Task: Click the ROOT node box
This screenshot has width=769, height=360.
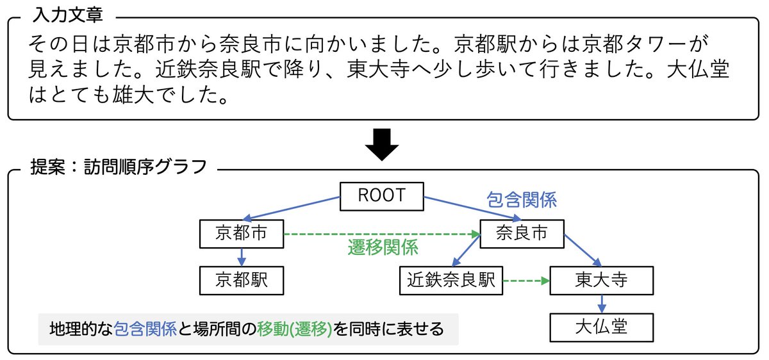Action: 381,195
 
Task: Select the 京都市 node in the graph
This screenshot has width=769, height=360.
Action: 241,234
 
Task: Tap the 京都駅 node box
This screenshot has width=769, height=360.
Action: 241,280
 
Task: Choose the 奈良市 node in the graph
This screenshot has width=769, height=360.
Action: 522,234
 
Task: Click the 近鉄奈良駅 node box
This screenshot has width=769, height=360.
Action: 451,280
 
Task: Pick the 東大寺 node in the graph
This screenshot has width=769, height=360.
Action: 601,280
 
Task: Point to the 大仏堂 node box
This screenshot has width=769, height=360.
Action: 601,327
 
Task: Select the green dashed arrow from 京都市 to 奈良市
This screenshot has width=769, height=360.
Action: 381,234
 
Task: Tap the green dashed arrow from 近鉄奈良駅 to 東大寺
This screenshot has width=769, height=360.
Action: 526,281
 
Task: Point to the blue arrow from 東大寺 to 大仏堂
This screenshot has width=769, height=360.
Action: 601,304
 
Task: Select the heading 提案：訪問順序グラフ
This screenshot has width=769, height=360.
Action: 119,167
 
